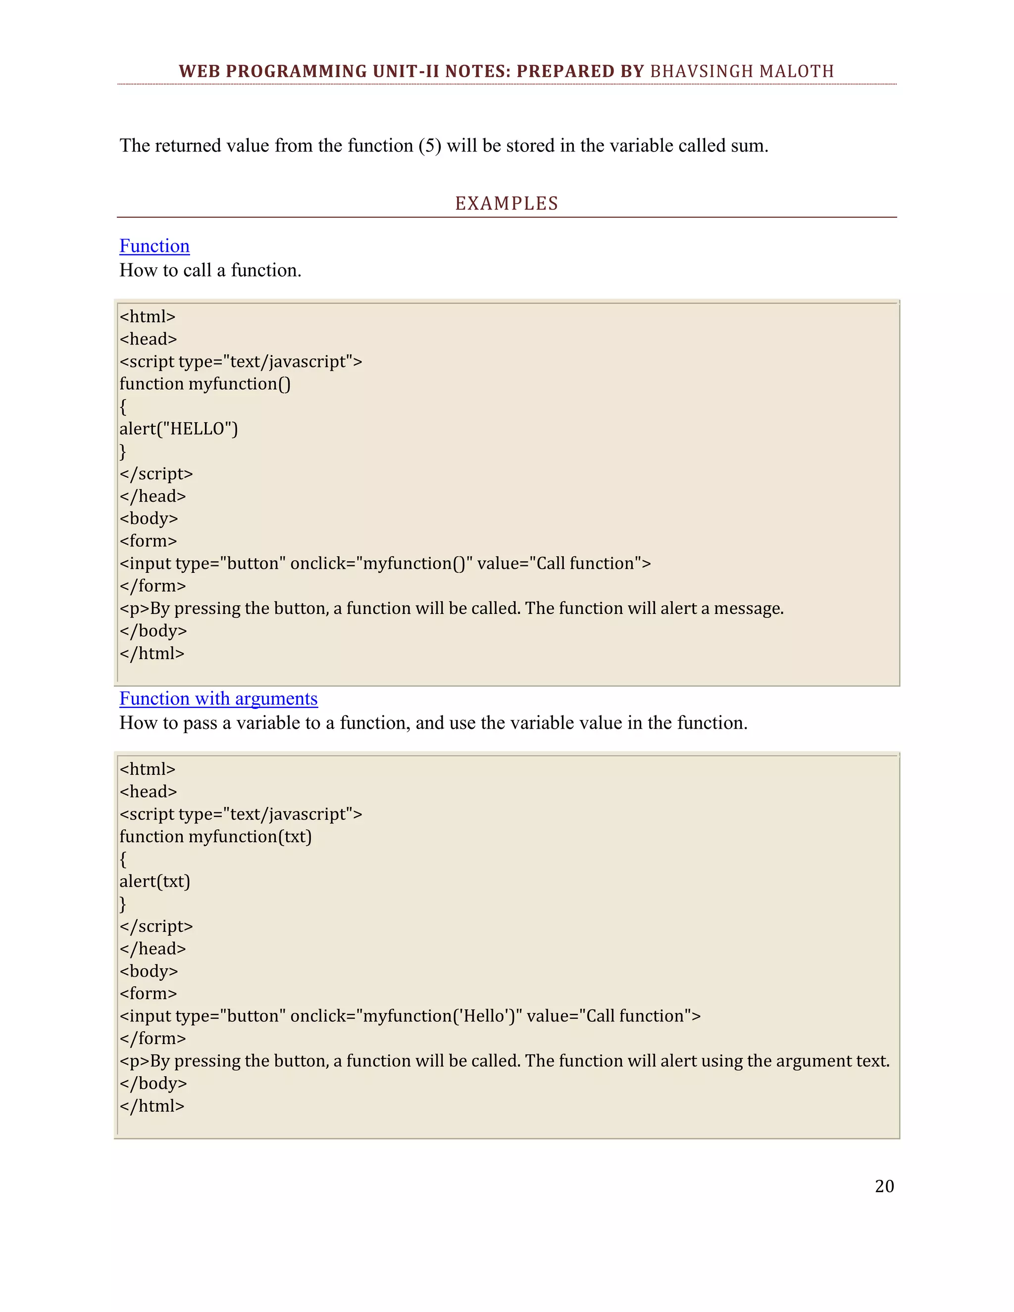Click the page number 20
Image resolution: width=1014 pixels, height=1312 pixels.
(884, 1186)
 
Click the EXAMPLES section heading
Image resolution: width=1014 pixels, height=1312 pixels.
(507, 203)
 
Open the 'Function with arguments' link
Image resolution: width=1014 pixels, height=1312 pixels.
(218, 698)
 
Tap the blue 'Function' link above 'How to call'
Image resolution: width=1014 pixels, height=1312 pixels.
(154, 246)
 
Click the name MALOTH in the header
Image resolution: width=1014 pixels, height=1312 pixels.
(797, 71)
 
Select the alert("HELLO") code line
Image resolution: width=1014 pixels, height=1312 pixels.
(178, 428)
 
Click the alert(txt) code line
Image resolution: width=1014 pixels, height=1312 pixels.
(154, 881)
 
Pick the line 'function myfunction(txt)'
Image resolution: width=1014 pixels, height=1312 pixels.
(215, 836)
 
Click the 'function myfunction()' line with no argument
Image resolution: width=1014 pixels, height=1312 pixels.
(205, 383)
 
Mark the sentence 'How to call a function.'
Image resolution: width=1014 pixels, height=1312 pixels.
(210, 270)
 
